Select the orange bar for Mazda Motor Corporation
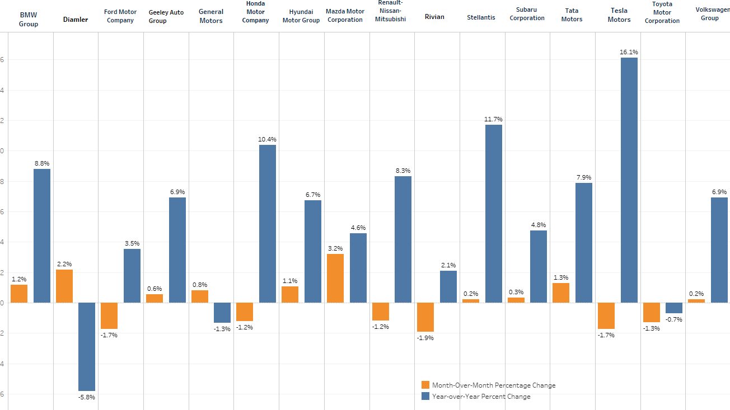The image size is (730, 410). [x=335, y=278]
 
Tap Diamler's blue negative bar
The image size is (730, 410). [x=87, y=346]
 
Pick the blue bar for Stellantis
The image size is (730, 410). [x=493, y=213]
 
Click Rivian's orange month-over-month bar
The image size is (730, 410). [x=425, y=317]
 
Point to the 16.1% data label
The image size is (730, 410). [x=629, y=53]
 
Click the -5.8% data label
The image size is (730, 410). [x=87, y=397]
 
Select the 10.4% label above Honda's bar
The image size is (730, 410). [x=267, y=139]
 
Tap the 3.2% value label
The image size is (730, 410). [x=335, y=248]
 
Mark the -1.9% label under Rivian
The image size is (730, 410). [x=425, y=338]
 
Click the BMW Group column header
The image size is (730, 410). [x=29, y=20]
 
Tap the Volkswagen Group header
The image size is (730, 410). [x=710, y=14]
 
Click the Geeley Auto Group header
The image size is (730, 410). [x=166, y=17]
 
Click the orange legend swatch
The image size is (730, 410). [x=425, y=385]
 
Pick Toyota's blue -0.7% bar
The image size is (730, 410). [x=674, y=308]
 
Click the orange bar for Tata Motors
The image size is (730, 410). [x=561, y=293]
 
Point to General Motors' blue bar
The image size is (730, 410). [x=222, y=313]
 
